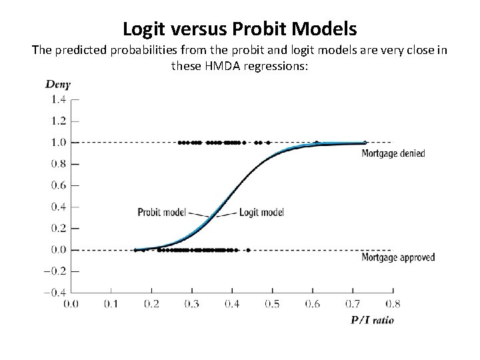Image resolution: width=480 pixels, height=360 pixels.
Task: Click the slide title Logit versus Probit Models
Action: pos(240,29)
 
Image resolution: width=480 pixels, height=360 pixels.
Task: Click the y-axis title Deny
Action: pos(58,84)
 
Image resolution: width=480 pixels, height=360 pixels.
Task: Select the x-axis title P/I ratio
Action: pos(372,320)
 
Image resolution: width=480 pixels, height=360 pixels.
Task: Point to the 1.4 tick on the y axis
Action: pos(58,99)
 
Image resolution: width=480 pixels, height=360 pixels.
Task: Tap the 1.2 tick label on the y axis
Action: pos(58,121)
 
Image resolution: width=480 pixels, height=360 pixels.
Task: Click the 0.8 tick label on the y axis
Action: pos(58,164)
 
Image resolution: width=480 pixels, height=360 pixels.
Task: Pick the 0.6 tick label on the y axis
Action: pos(58,185)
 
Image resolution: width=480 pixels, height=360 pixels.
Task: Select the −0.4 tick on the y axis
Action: pos(56,293)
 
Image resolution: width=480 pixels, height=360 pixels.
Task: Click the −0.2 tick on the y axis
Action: pos(56,271)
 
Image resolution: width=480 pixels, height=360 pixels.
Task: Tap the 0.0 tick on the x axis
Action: pos(71,304)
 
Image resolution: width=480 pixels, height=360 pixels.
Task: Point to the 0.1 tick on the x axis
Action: pos(111,304)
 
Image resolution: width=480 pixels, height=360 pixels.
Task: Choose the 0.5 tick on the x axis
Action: pos(272,304)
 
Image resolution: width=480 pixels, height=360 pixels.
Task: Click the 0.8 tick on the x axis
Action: pos(393,304)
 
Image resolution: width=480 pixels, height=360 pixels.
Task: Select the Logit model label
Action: pos(261,213)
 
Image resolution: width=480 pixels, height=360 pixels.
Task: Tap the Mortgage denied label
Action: pos(393,153)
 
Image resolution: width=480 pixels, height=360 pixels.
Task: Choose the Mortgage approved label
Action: pos(398,257)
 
